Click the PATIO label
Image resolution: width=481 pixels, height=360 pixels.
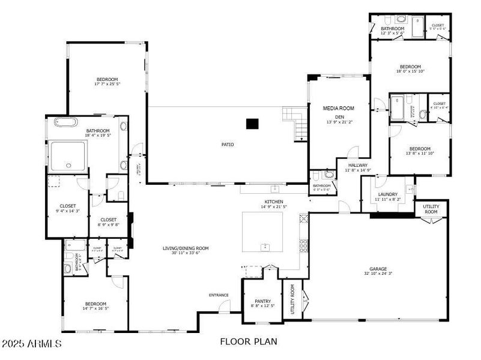[227, 145]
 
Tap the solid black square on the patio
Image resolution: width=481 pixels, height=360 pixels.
[252, 124]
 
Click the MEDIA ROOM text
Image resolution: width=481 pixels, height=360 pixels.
[338, 108]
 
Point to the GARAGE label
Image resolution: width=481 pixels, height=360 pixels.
[378, 269]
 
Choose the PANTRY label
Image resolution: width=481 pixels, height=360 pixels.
[262, 301]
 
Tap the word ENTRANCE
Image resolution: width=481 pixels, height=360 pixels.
[219, 295]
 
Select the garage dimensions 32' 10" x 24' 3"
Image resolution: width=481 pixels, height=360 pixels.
[378, 274]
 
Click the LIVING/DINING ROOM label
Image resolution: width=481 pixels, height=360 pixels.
[185, 248]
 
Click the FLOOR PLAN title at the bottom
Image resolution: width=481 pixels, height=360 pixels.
[249, 342]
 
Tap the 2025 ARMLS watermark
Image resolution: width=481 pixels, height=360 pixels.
[31, 344]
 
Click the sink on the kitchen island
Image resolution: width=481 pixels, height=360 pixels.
[264, 246]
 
